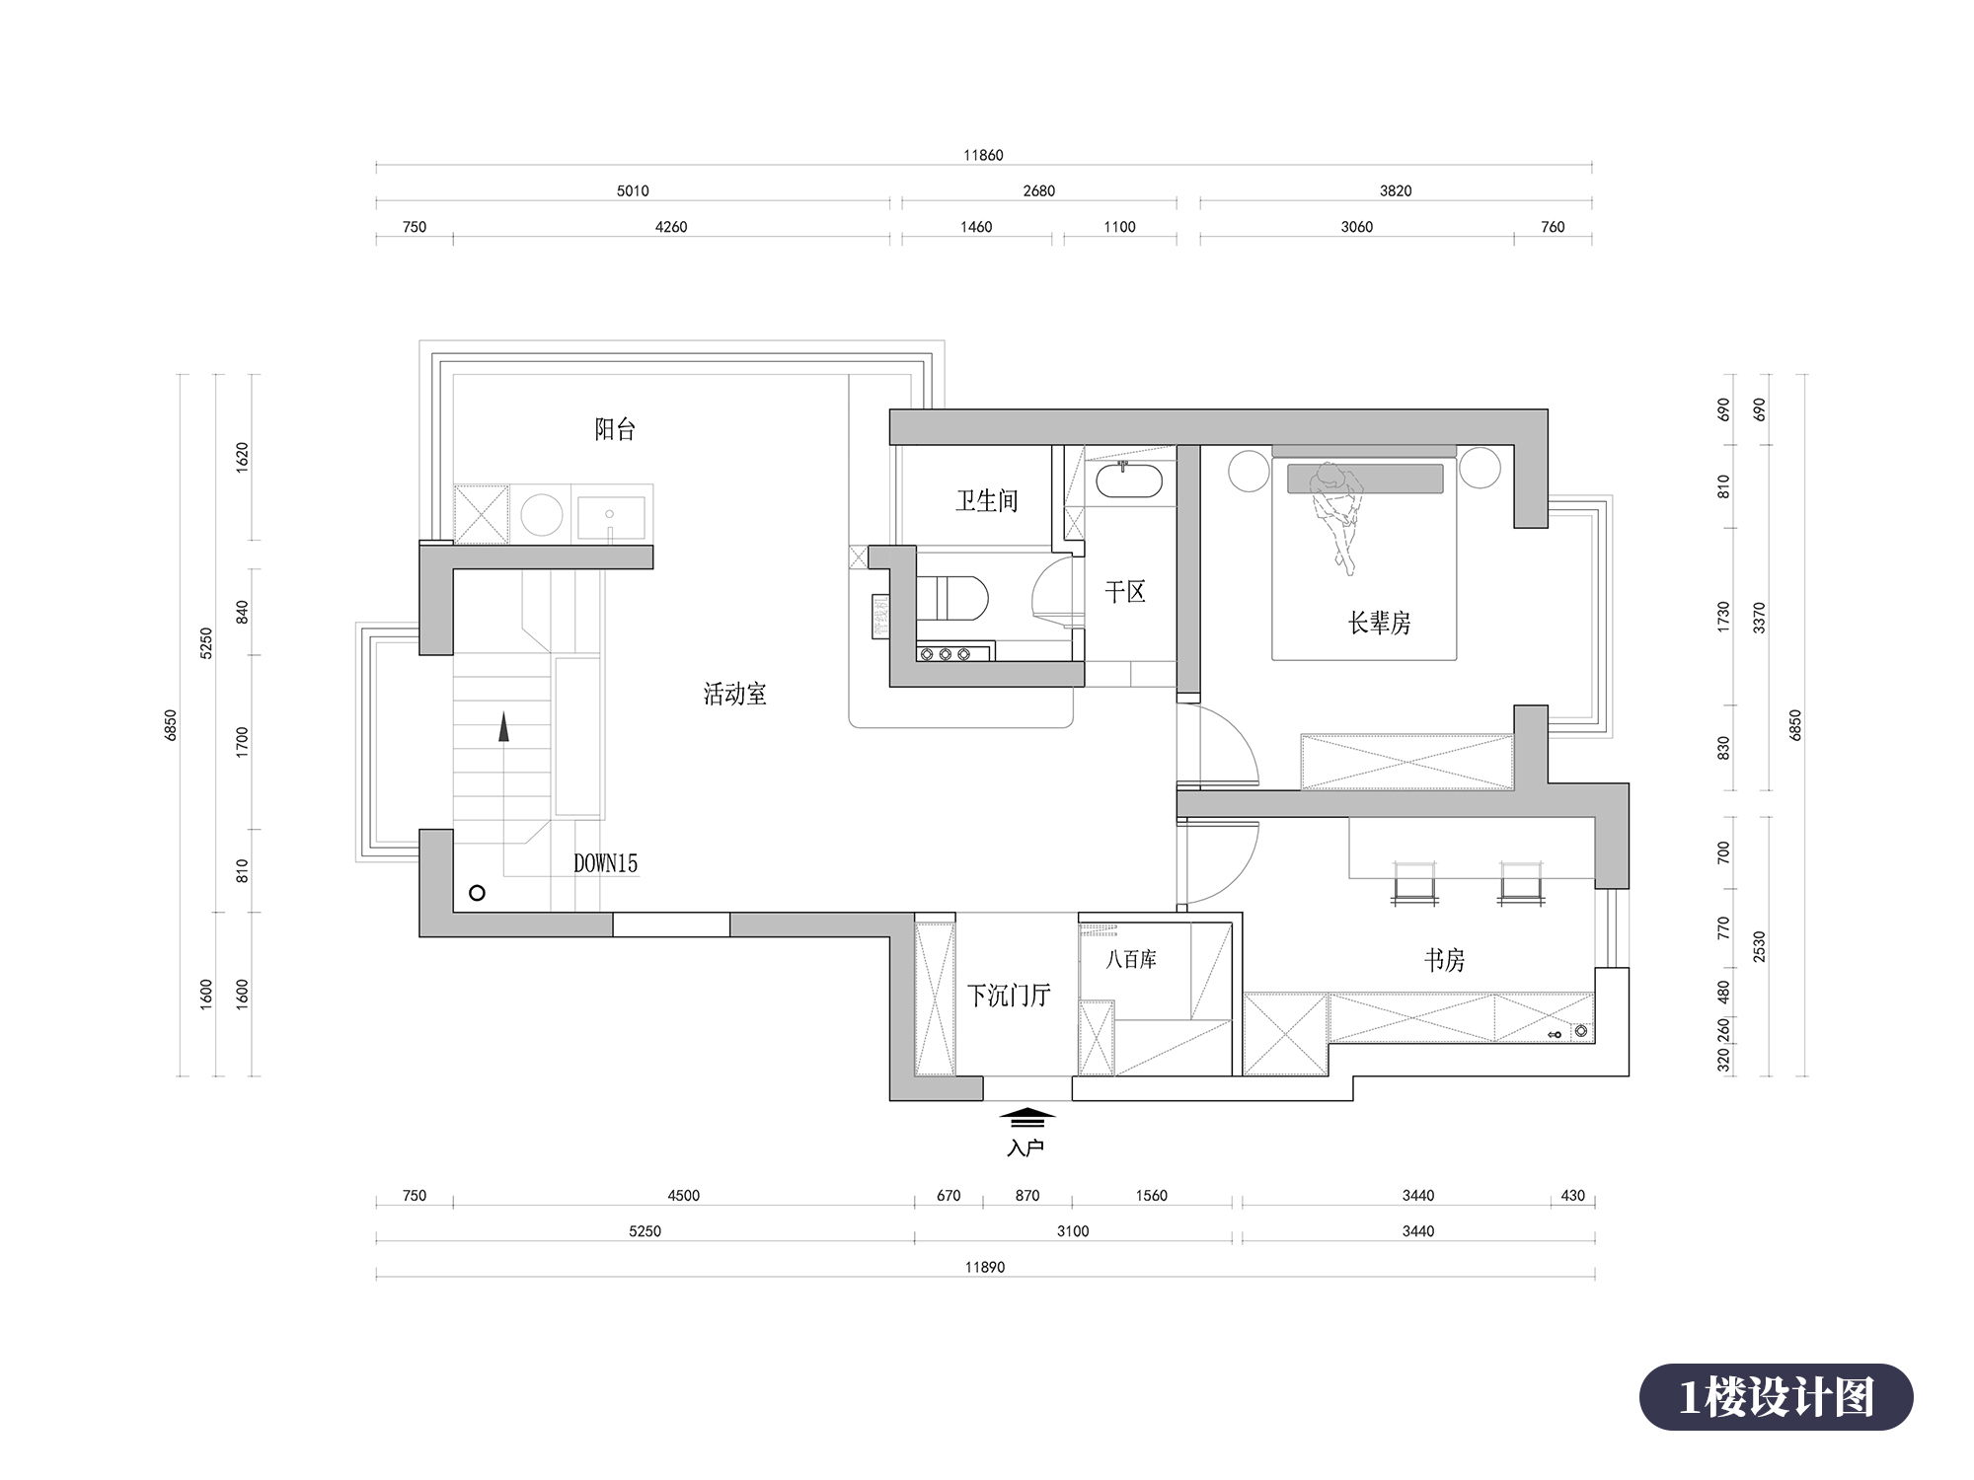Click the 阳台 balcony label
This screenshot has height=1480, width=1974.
[x=615, y=429]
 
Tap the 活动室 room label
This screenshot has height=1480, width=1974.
[x=734, y=695]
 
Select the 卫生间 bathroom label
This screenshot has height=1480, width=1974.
[x=986, y=501]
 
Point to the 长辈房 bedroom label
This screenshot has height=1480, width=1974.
[x=1379, y=623]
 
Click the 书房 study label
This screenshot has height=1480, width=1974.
[x=1444, y=960]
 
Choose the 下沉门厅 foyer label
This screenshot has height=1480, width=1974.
[x=1008, y=996]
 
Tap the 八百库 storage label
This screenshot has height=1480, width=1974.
[x=1131, y=959]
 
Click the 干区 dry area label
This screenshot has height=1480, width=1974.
[x=1124, y=592]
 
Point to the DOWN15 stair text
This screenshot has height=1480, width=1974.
[x=606, y=863]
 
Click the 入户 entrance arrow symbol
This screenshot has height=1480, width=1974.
[x=1026, y=1116]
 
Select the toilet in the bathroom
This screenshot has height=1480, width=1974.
[x=952, y=598]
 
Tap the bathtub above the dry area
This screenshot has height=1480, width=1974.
[x=1129, y=482]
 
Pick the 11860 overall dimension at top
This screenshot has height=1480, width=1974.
[x=983, y=155]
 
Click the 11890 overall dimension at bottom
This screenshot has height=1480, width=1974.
[x=985, y=1267]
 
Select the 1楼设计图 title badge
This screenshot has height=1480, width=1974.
[x=1777, y=1397]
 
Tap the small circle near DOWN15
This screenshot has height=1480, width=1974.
[x=477, y=893]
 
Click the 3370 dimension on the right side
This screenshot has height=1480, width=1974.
[x=1759, y=618]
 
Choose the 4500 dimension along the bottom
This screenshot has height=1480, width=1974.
[x=683, y=1196]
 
